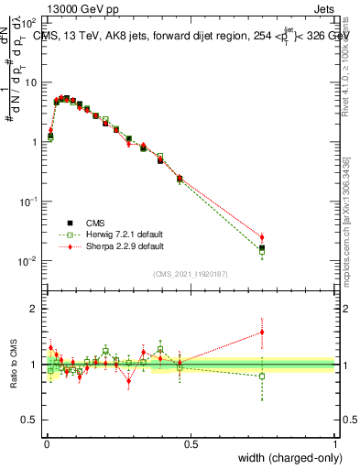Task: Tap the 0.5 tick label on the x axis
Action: coord(190,443)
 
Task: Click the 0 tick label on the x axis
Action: coord(47,443)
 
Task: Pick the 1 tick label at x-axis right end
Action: coord(334,443)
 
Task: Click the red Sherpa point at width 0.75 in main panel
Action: coord(262,237)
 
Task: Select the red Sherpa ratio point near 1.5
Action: coord(262,332)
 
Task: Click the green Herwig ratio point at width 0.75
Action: coord(262,376)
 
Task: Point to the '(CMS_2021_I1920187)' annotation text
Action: coord(191,274)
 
